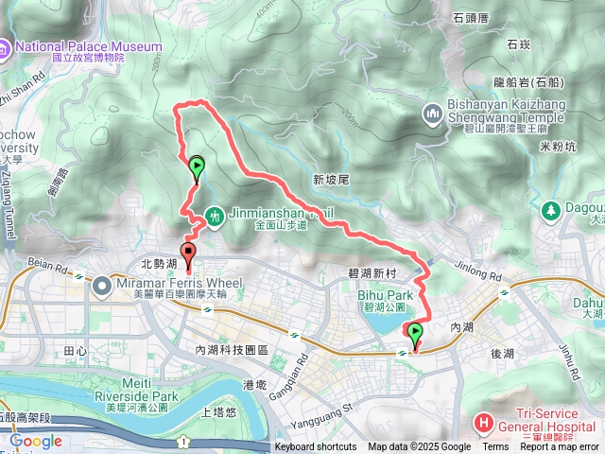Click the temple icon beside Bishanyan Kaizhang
point(433,114)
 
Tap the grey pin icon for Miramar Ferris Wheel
point(103,282)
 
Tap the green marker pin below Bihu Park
point(414,332)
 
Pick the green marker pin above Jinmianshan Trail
point(196,168)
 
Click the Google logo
point(36,441)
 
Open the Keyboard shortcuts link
point(316,447)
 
